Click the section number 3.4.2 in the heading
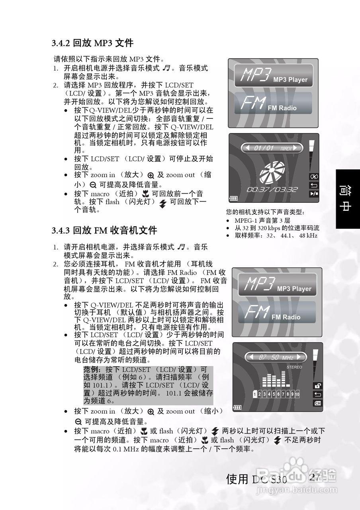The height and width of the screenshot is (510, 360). coord(61,43)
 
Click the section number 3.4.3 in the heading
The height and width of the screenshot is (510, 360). coord(61,230)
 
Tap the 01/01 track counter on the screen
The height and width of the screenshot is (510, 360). coord(264,149)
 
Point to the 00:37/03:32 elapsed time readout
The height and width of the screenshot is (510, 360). coord(272,189)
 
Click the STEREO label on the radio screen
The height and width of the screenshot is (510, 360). coord(295,367)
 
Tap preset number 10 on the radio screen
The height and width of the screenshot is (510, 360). coord(297,394)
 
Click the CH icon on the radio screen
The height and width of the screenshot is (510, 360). coord(318,403)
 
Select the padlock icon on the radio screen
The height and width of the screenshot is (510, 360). coord(318,385)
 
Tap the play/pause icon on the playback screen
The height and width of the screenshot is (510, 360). coord(314,194)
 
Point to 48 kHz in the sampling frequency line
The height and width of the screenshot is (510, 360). coord(308,235)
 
